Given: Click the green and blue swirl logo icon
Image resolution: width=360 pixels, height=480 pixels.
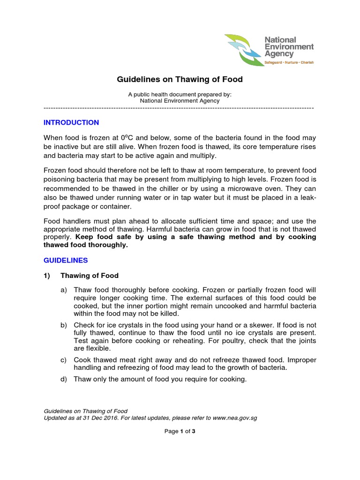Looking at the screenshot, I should tap(243, 50).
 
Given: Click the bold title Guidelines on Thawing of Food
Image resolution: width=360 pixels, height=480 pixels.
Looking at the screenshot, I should tap(180, 80).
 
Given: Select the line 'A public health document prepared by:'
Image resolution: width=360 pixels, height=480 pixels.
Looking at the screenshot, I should tap(180, 94).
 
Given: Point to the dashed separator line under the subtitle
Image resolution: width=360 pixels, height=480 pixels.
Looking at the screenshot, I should tap(179, 108).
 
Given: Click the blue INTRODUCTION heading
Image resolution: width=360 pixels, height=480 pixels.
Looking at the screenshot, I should tap(71, 123).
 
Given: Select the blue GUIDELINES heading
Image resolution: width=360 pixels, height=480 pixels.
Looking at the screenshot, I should tap(66, 260).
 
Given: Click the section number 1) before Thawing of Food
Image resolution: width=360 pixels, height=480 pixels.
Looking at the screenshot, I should tap(47, 276).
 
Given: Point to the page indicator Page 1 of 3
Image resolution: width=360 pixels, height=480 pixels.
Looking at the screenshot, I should tap(180, 432).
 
